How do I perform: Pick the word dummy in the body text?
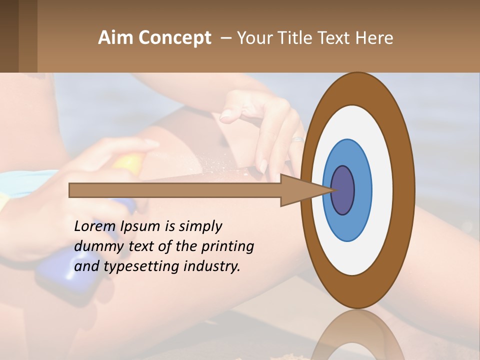point(96,246)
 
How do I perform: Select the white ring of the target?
point(382,190)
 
